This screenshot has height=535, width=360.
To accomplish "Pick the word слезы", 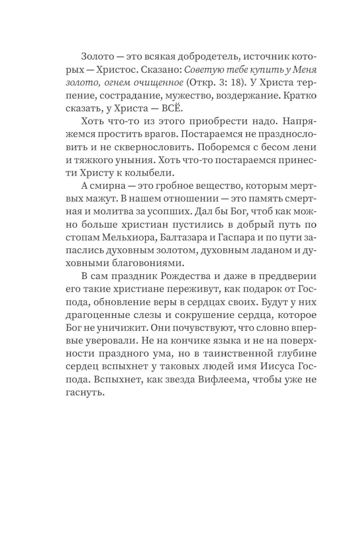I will [146, 316].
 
